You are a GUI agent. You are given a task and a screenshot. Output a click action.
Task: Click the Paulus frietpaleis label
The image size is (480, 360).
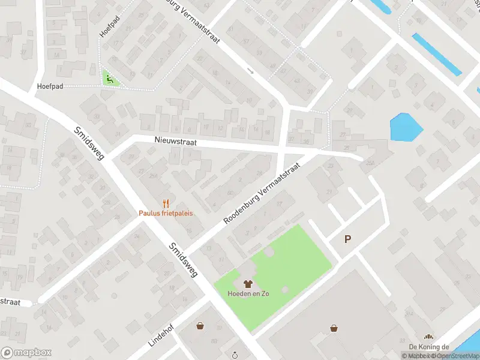point(166,213)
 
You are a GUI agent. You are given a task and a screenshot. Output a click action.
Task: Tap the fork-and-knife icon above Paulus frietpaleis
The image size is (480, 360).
point(166,203)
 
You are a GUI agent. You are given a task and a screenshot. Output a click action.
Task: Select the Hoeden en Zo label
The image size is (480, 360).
point(247,293)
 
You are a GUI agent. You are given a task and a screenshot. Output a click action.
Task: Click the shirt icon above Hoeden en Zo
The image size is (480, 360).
point(247,284)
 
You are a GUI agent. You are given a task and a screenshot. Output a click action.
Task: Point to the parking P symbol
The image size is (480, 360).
point(347,239)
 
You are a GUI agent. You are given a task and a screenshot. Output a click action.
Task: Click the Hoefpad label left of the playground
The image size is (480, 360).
point(49,86)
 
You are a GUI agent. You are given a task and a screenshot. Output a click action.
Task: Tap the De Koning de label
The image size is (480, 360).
point(429,347)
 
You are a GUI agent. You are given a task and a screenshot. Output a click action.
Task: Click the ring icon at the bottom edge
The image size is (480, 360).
point(235,354)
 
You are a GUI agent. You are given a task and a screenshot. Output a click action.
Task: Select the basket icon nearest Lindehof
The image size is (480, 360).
point(200,326)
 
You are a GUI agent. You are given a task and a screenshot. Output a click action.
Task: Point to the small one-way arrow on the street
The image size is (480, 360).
point(251,71)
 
